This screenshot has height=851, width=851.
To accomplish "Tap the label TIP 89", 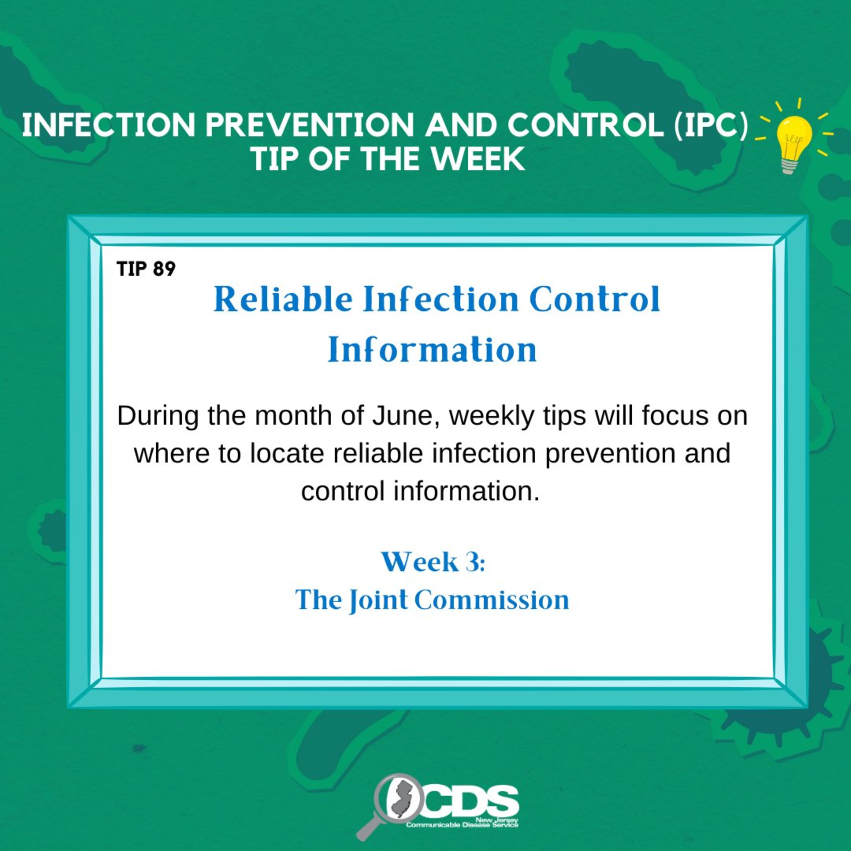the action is [146, 269].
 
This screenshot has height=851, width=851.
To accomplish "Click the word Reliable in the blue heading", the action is [283, 300].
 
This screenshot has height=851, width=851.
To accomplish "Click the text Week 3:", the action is [433, 562].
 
